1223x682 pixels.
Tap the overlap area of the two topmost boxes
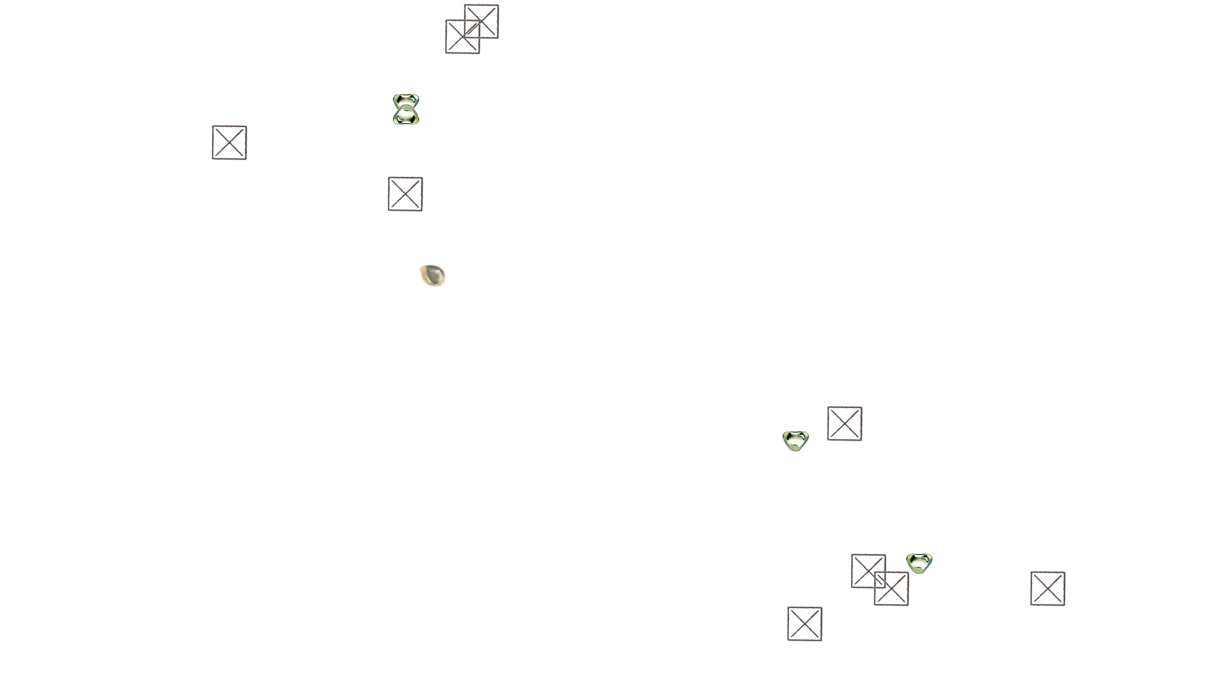[473, 28]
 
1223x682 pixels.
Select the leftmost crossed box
[230, 142]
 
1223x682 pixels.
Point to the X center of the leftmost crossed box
[230, 142]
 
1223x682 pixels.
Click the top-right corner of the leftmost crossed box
[247, 126]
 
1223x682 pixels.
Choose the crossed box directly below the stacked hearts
[405, 194]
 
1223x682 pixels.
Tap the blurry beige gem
[435, 276]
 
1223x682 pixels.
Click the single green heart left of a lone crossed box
[795, 441]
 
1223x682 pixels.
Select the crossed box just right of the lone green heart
[845, 423]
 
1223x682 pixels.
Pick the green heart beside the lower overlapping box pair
[919, 563]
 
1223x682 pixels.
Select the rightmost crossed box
[1048, 588]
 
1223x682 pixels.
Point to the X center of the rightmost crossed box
[1048, 588]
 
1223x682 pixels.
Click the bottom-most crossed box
[805, 624]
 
